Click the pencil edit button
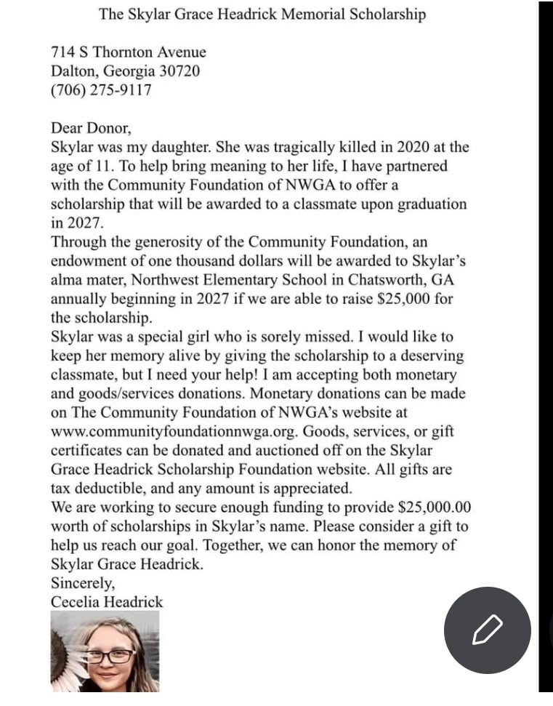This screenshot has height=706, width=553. click(487, 630)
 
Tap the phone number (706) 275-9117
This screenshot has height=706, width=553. click(101, 91)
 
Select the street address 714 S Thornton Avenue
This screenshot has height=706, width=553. click(128, 52)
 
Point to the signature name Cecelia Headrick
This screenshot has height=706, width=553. click(107, 601)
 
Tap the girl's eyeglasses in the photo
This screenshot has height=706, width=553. click(110, 656)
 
